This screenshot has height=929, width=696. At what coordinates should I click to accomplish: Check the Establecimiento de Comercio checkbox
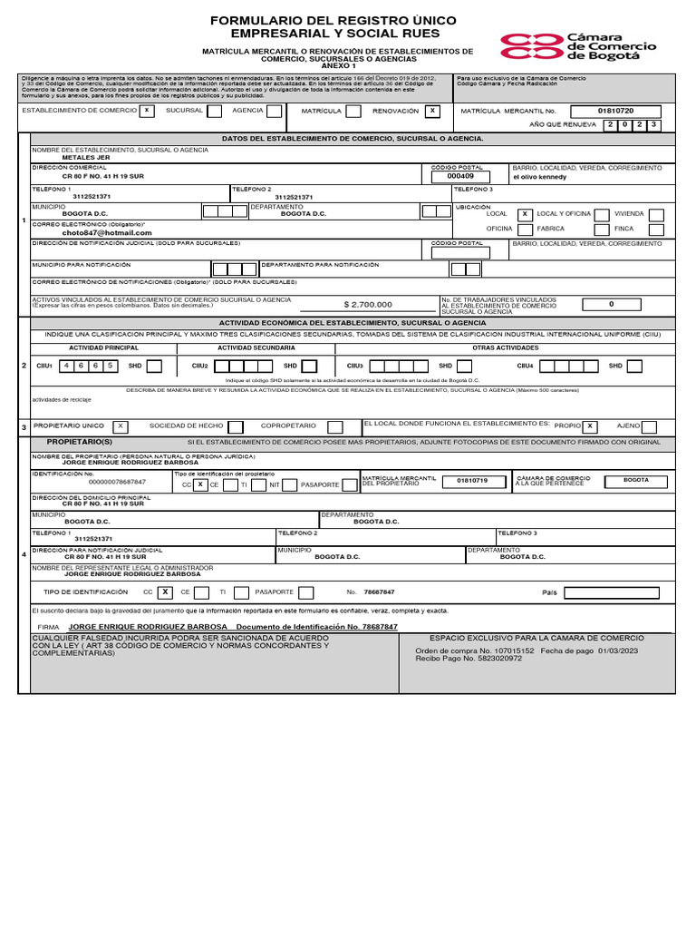pyautogui.click(x=146, y=111)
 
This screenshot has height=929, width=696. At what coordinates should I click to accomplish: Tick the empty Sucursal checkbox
pyautogui.click(x=214, y=111)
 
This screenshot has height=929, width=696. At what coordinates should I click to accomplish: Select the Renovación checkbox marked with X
pyautogui.click(x=432, y=111)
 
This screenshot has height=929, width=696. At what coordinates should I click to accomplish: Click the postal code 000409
pyautogui.click(x=460, y=177)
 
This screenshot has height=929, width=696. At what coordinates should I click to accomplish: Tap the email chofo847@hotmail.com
pyautogui.click(x=107, y=232)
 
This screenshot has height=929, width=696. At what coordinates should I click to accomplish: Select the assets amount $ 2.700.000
pyautogui.click(x=369, y=305)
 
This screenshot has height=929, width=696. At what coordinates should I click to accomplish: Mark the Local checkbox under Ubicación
pyautogui.click(x=524, y=214)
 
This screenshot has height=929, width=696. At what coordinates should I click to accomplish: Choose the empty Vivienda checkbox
pyautogui.click(x=656, y=214)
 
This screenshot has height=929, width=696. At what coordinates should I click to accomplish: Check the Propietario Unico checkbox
pyautogui.click(x=121, y=426)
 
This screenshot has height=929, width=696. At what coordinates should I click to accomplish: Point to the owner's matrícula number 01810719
pyautogui.click(x=472, y=479)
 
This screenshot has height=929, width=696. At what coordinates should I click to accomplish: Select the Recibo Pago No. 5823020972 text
pyautogui.click(x=469, y=659)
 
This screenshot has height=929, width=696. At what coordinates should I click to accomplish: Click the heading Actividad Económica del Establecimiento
pyautogui.click(x=353, y=322)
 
